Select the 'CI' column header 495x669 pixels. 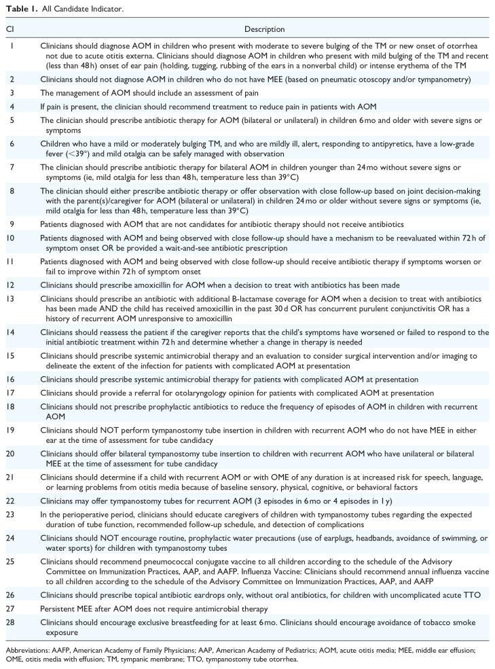[x=10, y=30]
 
